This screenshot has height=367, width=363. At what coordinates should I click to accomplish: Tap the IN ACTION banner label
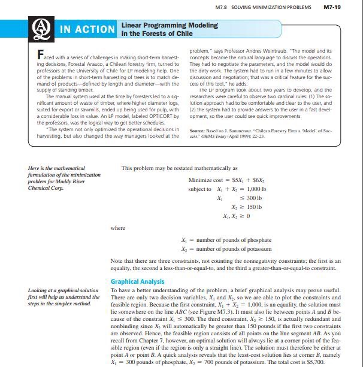coord(87,29)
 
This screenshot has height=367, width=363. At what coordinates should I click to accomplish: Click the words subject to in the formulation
coord(198,189)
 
